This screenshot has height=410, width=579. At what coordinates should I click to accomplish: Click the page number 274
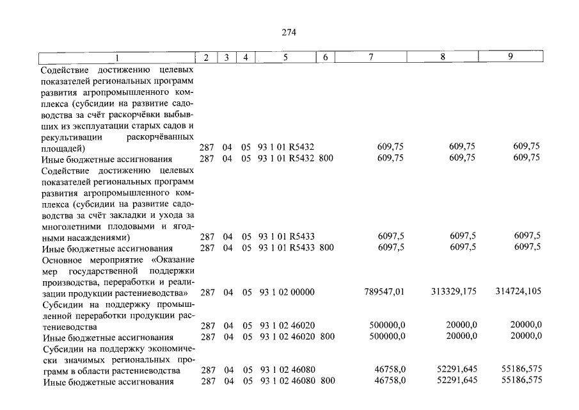(289, 33)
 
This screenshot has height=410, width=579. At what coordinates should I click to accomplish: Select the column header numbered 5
(285, 57)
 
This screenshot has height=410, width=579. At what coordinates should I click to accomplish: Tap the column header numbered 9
(510, 57)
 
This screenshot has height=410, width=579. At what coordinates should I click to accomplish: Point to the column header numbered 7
(371, 57)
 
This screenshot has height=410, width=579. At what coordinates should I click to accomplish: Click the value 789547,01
(384, 292)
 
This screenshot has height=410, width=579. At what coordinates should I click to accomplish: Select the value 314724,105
(518, 292)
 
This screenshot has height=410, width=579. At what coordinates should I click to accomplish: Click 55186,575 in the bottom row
(519, 382)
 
